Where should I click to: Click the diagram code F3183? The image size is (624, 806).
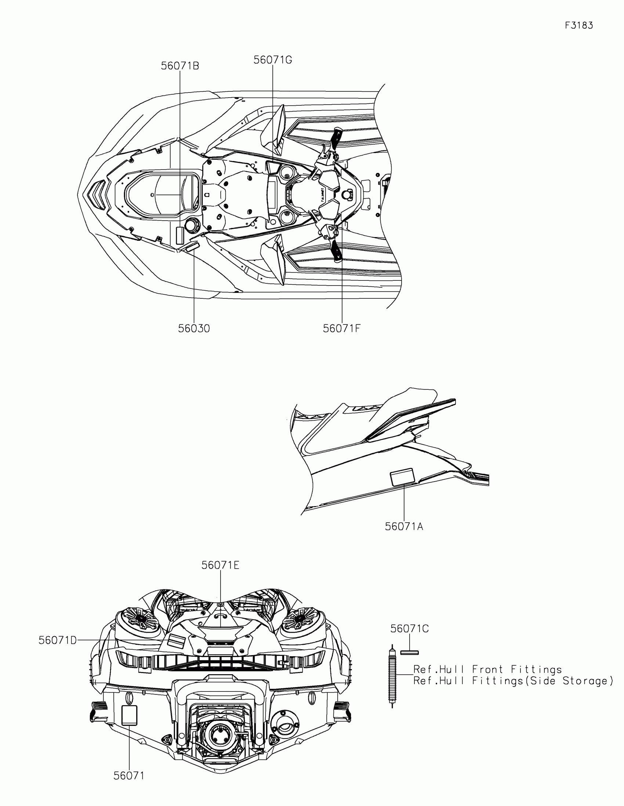pyautogui.click(x=579, y=25)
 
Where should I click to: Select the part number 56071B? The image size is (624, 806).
pyautogui.click(x=180, y=66)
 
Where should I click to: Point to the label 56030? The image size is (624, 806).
pyautogui.click(x=194, y=328)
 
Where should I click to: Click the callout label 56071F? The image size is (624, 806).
pyautogui.click(x=341, y=328)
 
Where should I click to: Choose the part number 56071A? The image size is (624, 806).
pyautogui.click(x=404, y=527)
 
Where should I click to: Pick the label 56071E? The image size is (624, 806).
pyautogui.click(x=220, y=565)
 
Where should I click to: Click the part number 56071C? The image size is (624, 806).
pyautogui.click(x=409, y=629)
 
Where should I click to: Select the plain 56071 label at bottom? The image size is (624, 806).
pyautogui.click(x=128, y=776)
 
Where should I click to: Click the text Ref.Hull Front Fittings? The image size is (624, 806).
pyautogui.click(x=487, y=669)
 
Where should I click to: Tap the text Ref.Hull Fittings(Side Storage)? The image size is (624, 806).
pyautogui.click(x=513, y=681)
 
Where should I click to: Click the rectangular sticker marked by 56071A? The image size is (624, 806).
pyautogui.click(x=402, y=477)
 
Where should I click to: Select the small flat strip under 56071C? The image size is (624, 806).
pyautogui.click(x=409, y=653)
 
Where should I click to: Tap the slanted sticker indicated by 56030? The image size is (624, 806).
pyautogui.click(x=192, y=247)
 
